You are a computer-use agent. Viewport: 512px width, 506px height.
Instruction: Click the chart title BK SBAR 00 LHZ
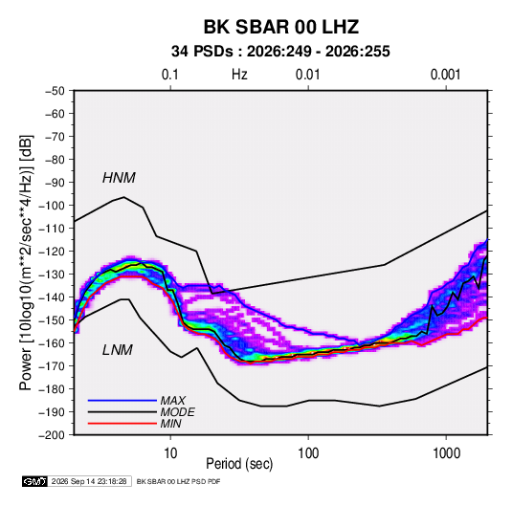pyautogui.click(x=281, y=27)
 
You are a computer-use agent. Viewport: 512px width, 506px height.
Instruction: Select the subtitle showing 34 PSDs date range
pyautogui.click(x=280, y=52)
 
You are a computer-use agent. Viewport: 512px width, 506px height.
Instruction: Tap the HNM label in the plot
pyautogui.click(x=119, y=178)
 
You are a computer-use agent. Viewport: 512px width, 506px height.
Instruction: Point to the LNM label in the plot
pyautogui.click(x=118, y=350)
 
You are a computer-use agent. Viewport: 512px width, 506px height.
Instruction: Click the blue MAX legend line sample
pyautogui.click(x=122, y=401)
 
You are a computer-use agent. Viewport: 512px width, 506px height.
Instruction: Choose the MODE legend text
pyautogui.click(x=177, y=412)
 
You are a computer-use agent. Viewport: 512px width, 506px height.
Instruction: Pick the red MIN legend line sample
pyautogui.click(x=122, y=424)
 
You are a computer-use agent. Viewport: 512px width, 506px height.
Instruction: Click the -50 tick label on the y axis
pyautogui.click(x=55, y=91)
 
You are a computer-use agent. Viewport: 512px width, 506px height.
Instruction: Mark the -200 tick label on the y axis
pyautogui.click(x=52, y=435)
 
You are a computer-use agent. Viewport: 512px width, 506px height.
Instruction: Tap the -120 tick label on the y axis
pyautogui.click(x=52, y=252)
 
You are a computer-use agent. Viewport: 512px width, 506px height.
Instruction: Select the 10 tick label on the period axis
pyautogui.click(x=170, y=453)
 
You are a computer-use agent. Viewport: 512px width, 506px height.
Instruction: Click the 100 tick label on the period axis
pyautogui.click(x=308, y=453)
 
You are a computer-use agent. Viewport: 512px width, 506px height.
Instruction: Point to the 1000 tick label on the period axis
pyautogui.click(x=446, y=453)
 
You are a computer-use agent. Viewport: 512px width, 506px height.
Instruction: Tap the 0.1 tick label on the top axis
pyautogui.click(x=170, y=75)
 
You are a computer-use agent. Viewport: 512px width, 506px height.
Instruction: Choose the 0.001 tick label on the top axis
pyautogui.click(x=445, y=75)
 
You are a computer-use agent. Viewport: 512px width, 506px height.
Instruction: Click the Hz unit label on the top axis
pyautogui.click(x=239, y=75)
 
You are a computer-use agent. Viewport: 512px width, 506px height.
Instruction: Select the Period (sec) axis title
pyautogui.click(x=239, y=464)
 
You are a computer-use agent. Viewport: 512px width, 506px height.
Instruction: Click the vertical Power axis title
pyautogui.click(x=26, y=262)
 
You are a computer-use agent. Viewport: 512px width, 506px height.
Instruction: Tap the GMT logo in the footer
pyautogui.click(x=34, y=481)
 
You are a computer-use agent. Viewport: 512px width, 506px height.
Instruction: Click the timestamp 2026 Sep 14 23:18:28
pyautogui.click(x=89, y=481)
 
